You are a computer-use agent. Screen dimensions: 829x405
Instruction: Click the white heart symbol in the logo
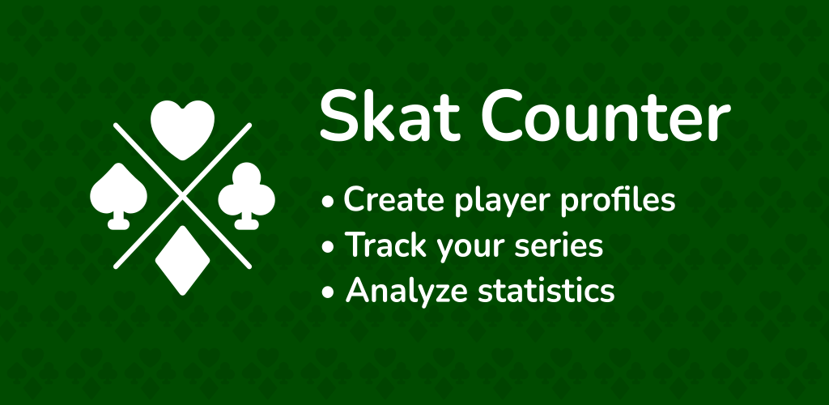(182, 129)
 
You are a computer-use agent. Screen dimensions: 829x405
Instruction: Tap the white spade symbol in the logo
(118, 196)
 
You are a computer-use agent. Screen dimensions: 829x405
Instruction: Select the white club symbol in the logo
(246, 196)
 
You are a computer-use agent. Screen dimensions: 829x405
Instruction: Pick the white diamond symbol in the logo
(182, 260)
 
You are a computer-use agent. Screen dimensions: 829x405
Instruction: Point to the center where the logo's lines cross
(182, 196)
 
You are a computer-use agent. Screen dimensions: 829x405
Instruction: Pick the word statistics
(546, 290)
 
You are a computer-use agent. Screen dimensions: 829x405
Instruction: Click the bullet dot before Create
(329, 202)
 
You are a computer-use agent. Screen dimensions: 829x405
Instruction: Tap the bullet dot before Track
(329, 246)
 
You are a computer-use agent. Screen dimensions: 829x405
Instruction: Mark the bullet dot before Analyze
(329, 292)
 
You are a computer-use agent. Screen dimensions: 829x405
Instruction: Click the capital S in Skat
(338, 115)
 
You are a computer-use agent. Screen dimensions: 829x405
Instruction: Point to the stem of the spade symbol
(118, 221)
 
